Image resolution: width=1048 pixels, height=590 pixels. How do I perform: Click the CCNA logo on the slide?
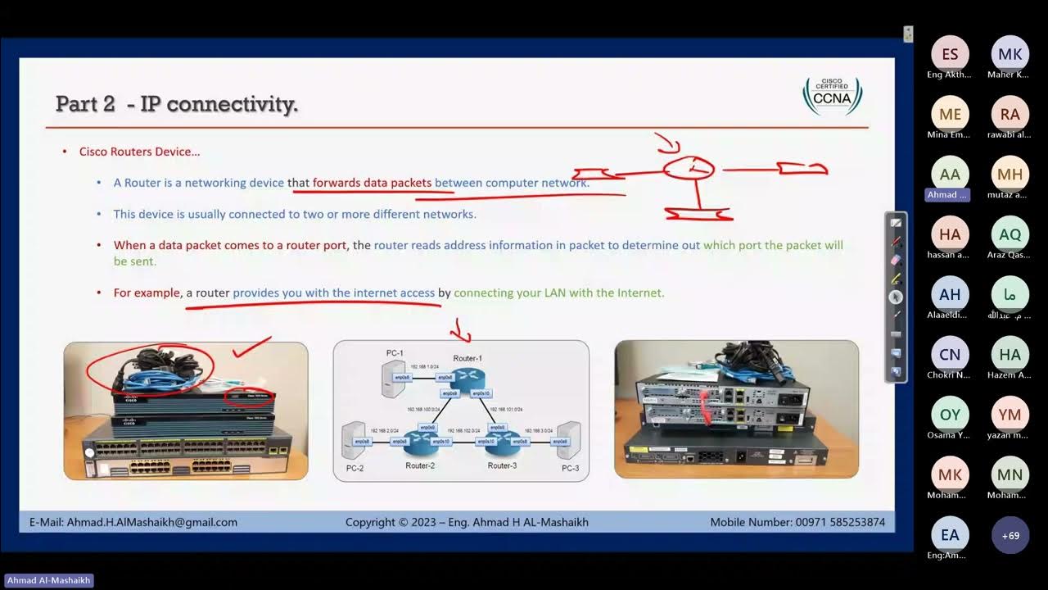[832, 96]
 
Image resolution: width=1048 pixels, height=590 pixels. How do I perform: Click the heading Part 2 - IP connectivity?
[177, 104]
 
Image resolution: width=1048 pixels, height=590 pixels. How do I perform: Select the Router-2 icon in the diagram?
[420, 442]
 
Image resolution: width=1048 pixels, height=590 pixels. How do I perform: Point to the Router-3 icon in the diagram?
[501, 442]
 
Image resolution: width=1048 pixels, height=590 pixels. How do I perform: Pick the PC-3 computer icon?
[569, 440]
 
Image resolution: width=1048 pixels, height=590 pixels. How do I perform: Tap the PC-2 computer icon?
[353, 440]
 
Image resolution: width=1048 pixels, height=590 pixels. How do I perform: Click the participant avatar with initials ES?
[950, 55]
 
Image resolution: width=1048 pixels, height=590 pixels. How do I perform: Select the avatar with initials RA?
[1010, 115]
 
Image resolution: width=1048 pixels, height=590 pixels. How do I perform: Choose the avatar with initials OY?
[950, 415]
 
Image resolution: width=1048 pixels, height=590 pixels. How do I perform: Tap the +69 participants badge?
[1010, 535]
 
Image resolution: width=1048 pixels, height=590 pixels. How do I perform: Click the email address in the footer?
[152, 522]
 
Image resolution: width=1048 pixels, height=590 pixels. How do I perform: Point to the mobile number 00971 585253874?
[840, 522]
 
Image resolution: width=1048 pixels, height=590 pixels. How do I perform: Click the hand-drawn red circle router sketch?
[688, 169]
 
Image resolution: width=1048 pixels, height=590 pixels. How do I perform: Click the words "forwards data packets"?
[372, 183]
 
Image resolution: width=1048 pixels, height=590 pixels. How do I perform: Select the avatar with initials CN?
[950, 355]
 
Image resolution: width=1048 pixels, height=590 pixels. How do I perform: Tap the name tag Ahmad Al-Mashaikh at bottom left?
[48, 580]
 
